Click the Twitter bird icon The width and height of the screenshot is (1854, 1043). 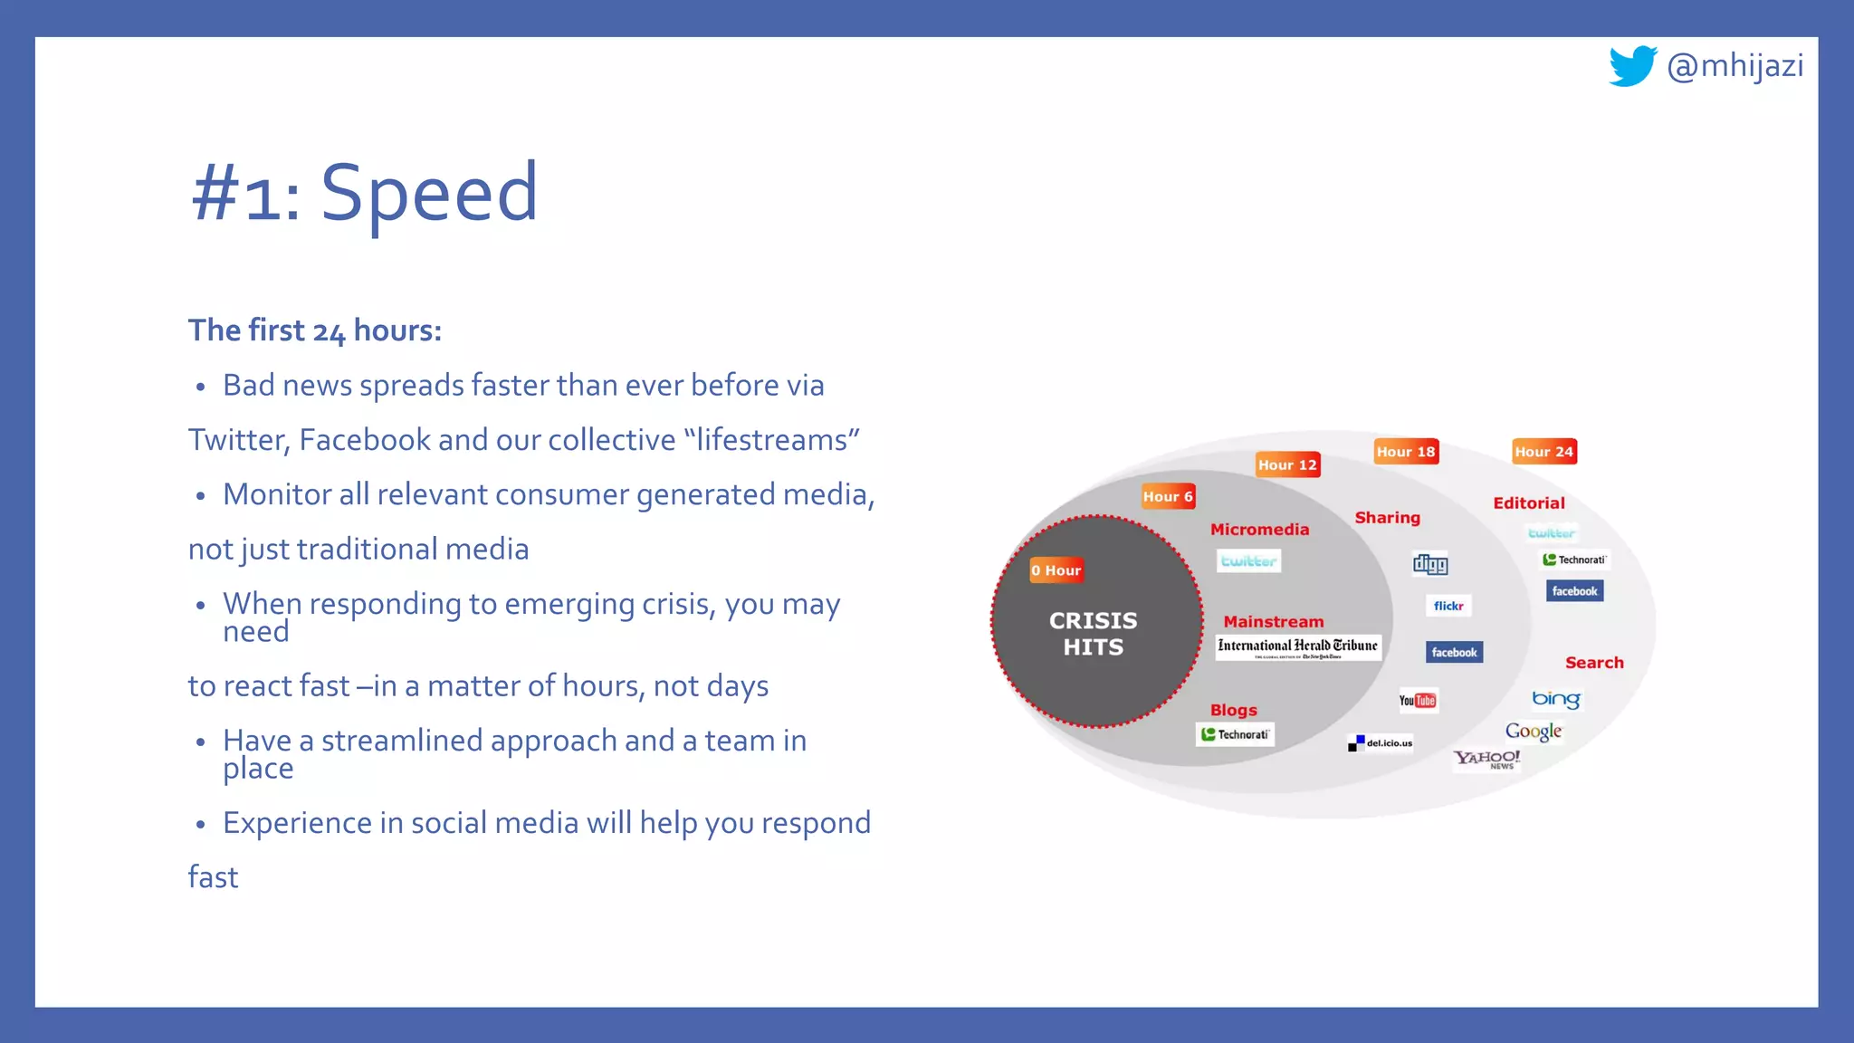(1632, 66)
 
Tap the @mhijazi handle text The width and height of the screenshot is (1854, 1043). (1735, 66)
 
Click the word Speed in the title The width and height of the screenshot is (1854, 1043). (429, 192)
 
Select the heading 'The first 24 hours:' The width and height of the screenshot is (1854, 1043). (314, 330)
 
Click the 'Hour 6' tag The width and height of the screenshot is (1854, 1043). (1168, 496)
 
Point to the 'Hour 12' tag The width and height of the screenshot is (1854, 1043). (1287, 464)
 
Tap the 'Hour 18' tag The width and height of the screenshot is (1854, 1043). (1405, 452)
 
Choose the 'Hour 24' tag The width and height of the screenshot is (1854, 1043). (1544, 452)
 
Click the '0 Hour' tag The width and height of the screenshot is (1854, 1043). (1056, 570)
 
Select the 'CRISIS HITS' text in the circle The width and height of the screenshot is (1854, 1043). (1093, 634)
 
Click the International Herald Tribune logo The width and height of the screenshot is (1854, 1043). (1297, 646)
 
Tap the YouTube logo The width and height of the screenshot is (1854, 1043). (1417, 701)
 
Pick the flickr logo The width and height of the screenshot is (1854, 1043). (1448, 606)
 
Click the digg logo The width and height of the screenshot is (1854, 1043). (1430, 564)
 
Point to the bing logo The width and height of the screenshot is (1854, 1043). (1555, 699)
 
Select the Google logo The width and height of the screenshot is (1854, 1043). (1534, 731)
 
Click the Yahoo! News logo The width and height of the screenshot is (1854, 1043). (1486, 759)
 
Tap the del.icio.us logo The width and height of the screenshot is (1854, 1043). (1381, 743)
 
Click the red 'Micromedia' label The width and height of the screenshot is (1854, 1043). (1259, 530)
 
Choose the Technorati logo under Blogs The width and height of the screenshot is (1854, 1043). (1235, 734)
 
